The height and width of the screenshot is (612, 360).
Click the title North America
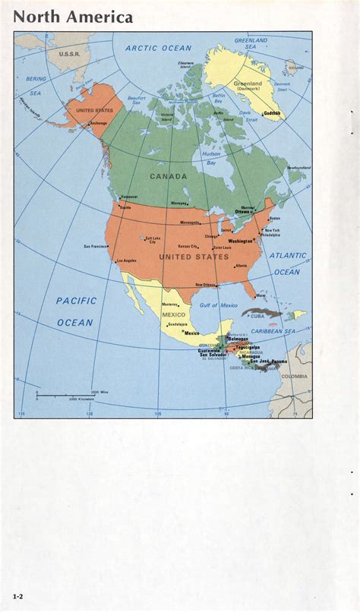tap(73, 17)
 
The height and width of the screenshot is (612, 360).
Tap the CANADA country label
tap(168, 176)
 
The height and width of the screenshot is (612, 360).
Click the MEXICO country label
tap(173, 314)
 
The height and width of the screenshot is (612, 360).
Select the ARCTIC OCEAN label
tap(159, 48)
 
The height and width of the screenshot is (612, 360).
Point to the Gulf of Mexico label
tap(219, 305)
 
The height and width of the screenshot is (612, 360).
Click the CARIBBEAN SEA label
tap(273, 331)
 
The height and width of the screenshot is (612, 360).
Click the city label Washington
tap(241, 241)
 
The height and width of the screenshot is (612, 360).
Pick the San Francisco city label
tap(96, 246)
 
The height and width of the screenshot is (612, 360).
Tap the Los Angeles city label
tap(126, 261)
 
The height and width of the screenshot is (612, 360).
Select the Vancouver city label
tap(129, 197)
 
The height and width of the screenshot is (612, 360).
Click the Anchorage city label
tap(98, 123)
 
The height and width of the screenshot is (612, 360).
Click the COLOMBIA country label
tap(295, 376)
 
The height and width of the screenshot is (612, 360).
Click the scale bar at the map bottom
tap(65, 395)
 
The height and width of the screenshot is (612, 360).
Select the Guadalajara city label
tap(177, 324)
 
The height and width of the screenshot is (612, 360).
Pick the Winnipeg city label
tap(178, 203)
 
